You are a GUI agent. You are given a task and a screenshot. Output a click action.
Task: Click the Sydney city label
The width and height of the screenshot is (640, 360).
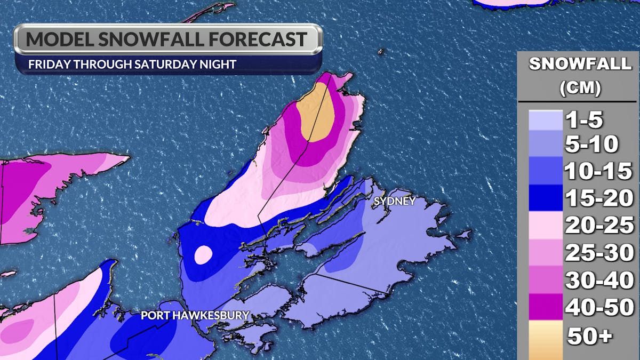pyautogui.click(x=395, y=201)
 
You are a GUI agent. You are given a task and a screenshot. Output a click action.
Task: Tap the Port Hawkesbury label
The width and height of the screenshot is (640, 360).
pyautogui.click(x=195, y=316)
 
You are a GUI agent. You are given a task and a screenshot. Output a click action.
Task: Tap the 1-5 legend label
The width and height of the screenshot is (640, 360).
pyautogui.click(x=585, y=120)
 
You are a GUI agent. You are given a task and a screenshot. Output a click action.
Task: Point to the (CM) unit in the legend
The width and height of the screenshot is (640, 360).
pyautogui.click(x=580, y=88)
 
